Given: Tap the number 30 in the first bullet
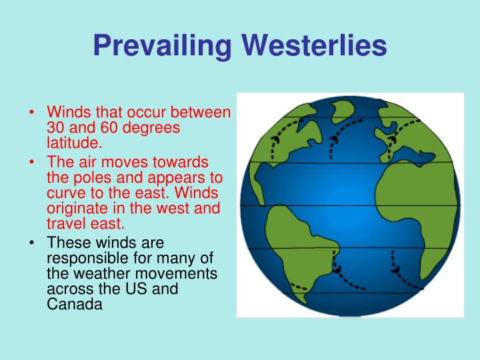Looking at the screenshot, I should coord(56,127).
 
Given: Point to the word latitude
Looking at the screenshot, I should coord(74,142).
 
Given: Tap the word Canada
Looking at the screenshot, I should coord(74,303).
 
